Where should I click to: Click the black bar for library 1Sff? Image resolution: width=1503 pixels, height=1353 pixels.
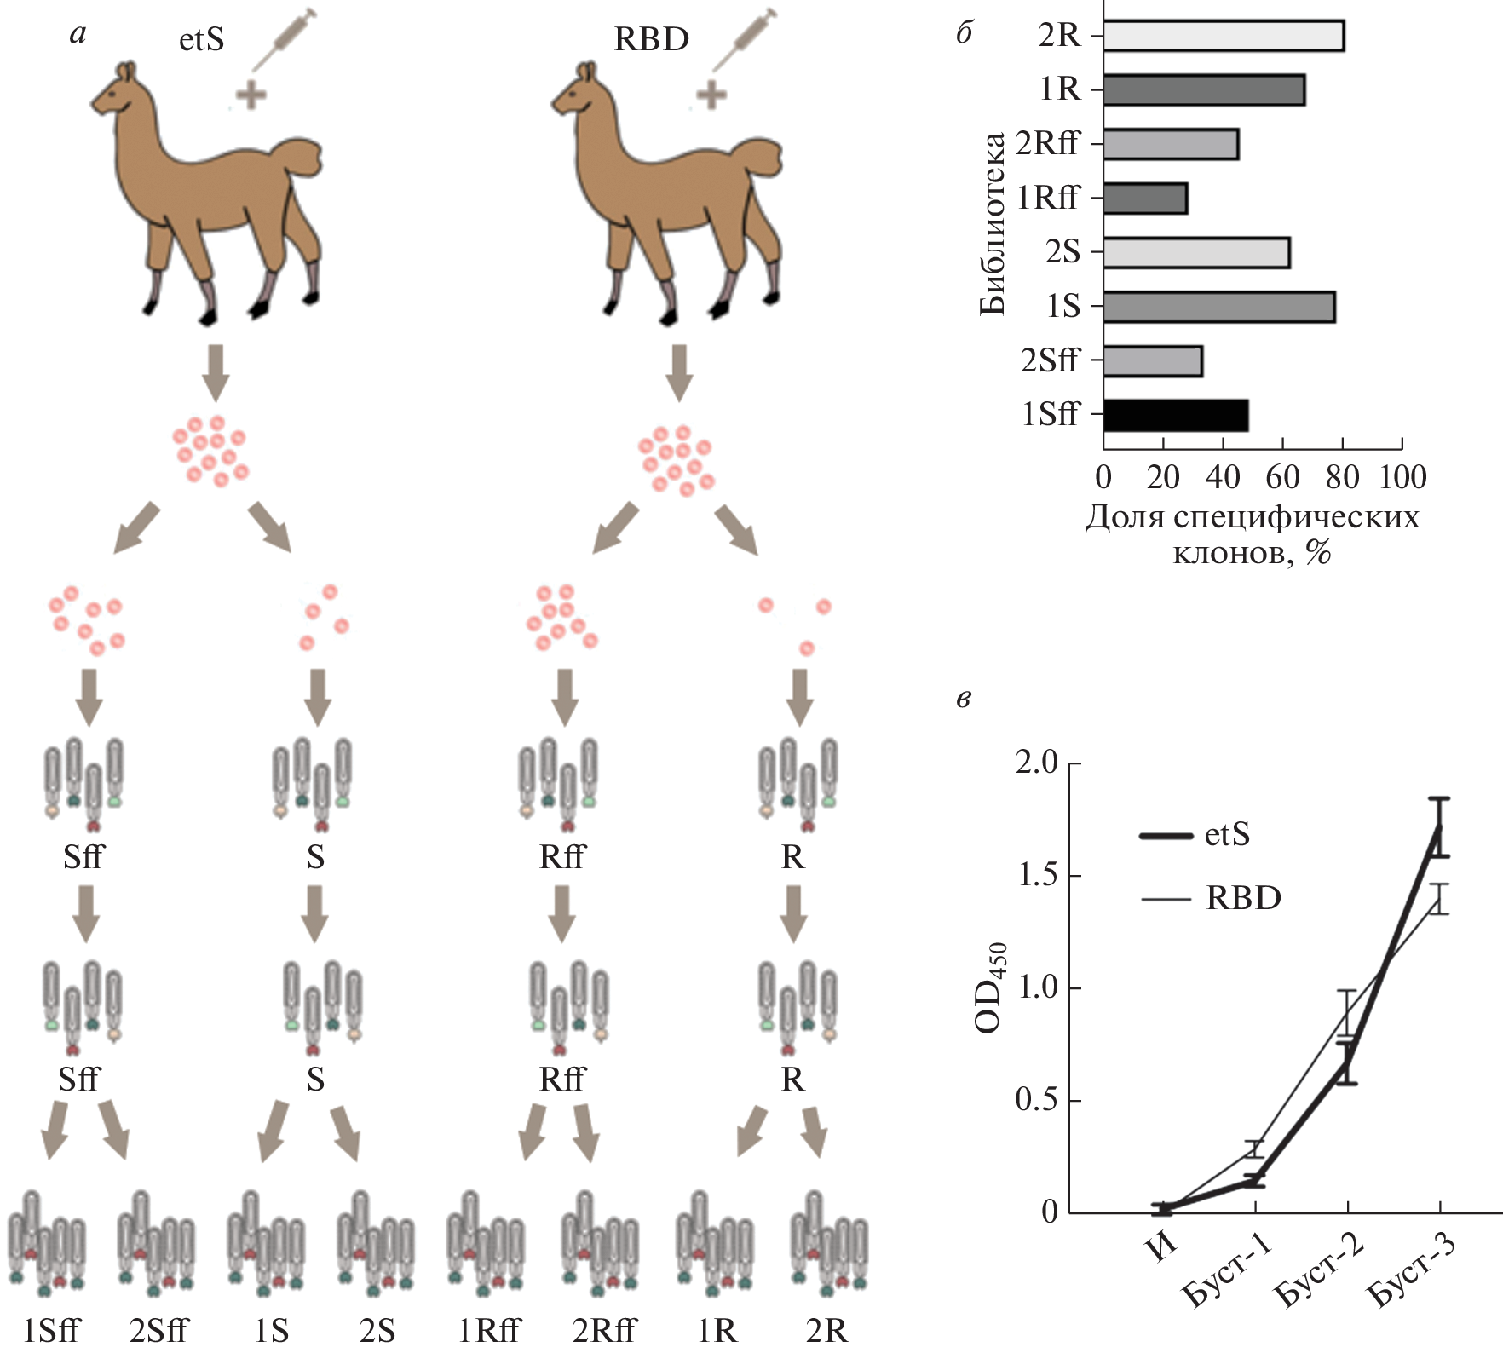coord(1175,415)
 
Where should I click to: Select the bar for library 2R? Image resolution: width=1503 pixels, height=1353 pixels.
coord(1223,36)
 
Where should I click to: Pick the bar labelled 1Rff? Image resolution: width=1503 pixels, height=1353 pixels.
coord(1144,199)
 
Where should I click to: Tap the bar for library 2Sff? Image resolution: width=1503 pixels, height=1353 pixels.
coord(1152,361)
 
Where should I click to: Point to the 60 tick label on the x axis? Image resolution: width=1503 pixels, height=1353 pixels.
coord(1282,477)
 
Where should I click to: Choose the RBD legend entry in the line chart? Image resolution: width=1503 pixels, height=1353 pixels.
coord(1210,898)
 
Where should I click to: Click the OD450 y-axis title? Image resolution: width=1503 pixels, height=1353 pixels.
coord(991,987)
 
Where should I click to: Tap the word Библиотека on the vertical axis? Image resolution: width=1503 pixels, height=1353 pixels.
coord(992,223)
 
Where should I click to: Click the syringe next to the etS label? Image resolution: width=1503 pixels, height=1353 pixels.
coord(285,39)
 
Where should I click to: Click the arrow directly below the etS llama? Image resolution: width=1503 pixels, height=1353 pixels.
coord(216,371)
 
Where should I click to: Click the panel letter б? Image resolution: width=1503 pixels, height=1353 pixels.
coord(965,34)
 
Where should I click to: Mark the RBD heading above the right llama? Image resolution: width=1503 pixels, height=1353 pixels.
coord(651,39)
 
